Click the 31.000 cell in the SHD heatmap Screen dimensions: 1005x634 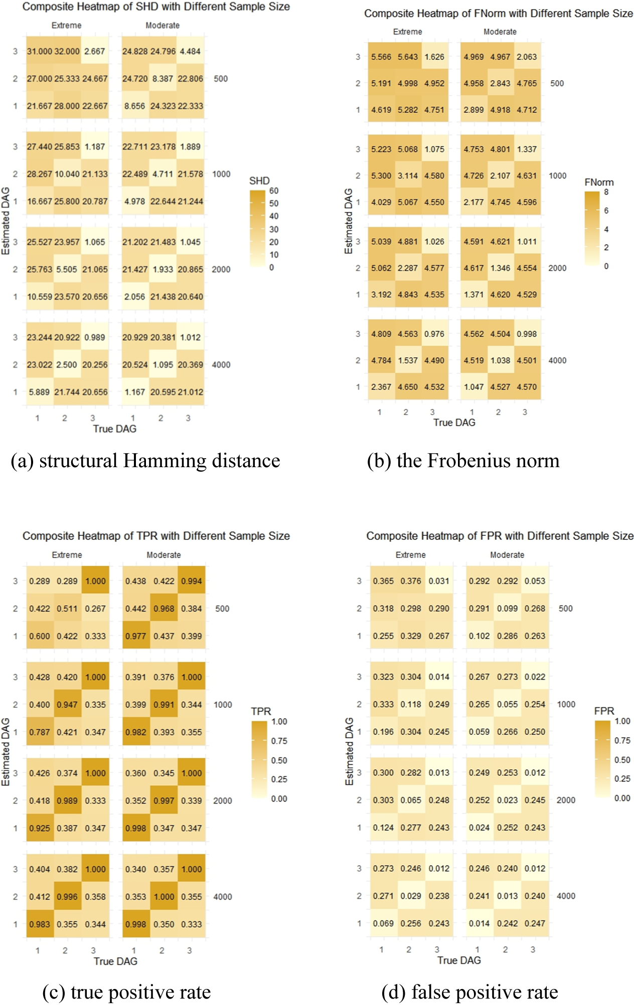point(40,51)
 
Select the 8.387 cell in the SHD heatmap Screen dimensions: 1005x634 point(163,79)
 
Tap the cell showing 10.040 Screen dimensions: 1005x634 point(67,174)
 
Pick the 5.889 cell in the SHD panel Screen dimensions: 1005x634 point(39,392)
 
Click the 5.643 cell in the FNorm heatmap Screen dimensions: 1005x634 point(407,57)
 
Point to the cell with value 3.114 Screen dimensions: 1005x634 point(407,176)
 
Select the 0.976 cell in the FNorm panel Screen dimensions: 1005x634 point(434,334)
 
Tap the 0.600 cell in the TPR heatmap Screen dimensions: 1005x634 point(39,636)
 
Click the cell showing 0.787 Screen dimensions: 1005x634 point(39,732)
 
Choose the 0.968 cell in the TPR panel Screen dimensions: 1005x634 point(164,609)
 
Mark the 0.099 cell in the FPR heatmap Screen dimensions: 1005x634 point(507,609)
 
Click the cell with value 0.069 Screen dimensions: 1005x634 point(383,923)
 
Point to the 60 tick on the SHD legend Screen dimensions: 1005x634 point(274,191)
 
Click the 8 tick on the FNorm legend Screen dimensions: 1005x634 point(606,192)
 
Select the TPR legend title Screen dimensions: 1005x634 point(261,711)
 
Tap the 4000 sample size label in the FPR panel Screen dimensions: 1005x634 point(566,896)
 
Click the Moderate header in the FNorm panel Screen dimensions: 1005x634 point(500,32)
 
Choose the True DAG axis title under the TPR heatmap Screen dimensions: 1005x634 point(115,961)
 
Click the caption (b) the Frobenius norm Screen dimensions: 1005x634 point(463,461)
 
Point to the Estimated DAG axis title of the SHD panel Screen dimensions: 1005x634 point(6,221)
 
